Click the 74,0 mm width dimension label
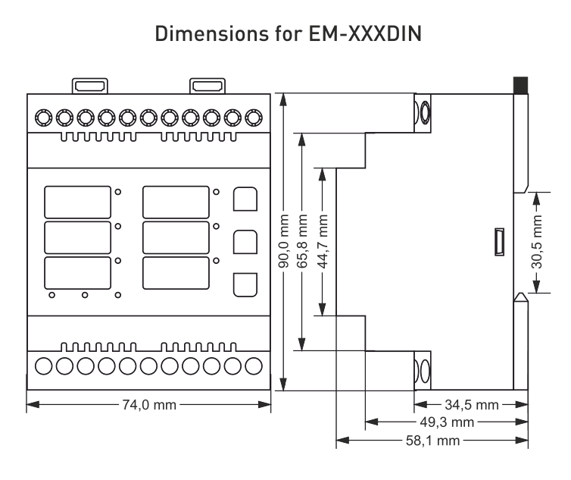point(148,404)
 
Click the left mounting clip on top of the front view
point(88,85)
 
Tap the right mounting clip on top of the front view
point(205,85)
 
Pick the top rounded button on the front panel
point(243,199)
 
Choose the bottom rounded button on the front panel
point(243,284)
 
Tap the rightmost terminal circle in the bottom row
point(255,365)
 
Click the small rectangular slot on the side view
point(499,243)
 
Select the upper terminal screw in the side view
point(424,111)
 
